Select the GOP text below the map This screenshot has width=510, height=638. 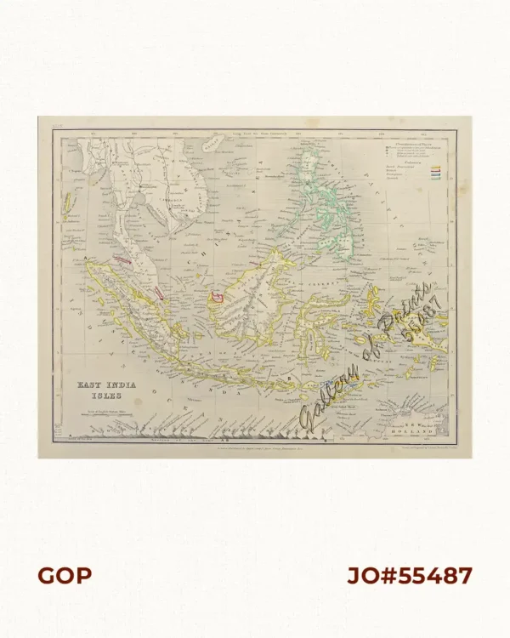64,576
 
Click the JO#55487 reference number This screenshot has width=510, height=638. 409,576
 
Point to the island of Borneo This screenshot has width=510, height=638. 255,289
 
